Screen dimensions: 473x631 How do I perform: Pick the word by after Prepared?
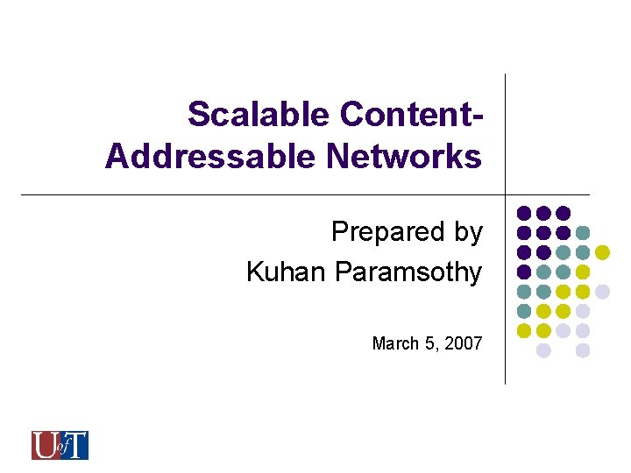point(465,232)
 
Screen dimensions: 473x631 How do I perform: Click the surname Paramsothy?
point(408,272)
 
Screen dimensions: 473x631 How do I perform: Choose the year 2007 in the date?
point(464,343)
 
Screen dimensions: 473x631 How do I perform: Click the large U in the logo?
point(43,445)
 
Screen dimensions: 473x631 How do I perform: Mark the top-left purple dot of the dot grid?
point(524,213)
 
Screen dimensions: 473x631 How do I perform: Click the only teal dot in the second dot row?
point(583,233)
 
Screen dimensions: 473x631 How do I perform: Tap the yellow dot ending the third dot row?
point(602,252)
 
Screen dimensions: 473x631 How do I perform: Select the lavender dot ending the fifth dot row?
point(602,292)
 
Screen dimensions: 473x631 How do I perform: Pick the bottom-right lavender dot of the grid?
point(583,350)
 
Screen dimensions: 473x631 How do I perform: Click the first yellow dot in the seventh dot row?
point(524,331)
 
